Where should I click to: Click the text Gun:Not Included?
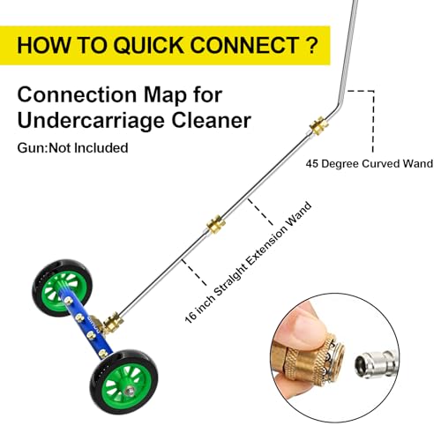tap(72, 147)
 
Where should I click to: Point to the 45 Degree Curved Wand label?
tap(370, 163)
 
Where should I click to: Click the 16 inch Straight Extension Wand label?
tap(249, 262)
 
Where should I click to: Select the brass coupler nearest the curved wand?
tap(318, 125)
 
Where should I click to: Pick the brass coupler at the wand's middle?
tap(216, 225)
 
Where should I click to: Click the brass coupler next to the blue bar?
tap(113, 322)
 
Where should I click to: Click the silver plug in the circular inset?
tap(376, 364)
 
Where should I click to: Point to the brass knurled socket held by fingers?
tap(311, 355)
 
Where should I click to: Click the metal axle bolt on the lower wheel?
tap(129, 391)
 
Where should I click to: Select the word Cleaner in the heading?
tap(212, 120)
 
